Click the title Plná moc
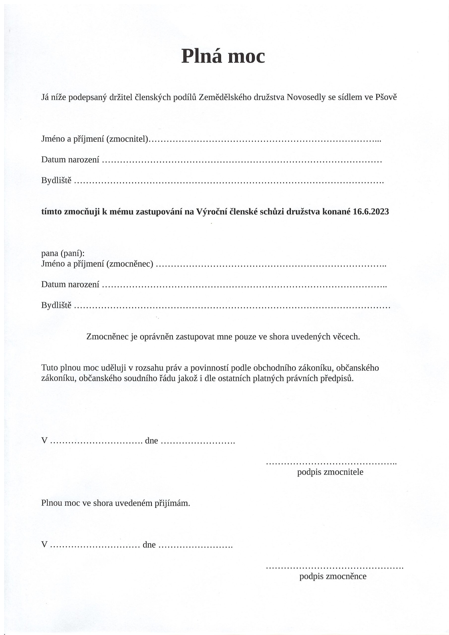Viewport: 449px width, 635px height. [223, 56]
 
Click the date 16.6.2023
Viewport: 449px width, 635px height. [371, 212]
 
